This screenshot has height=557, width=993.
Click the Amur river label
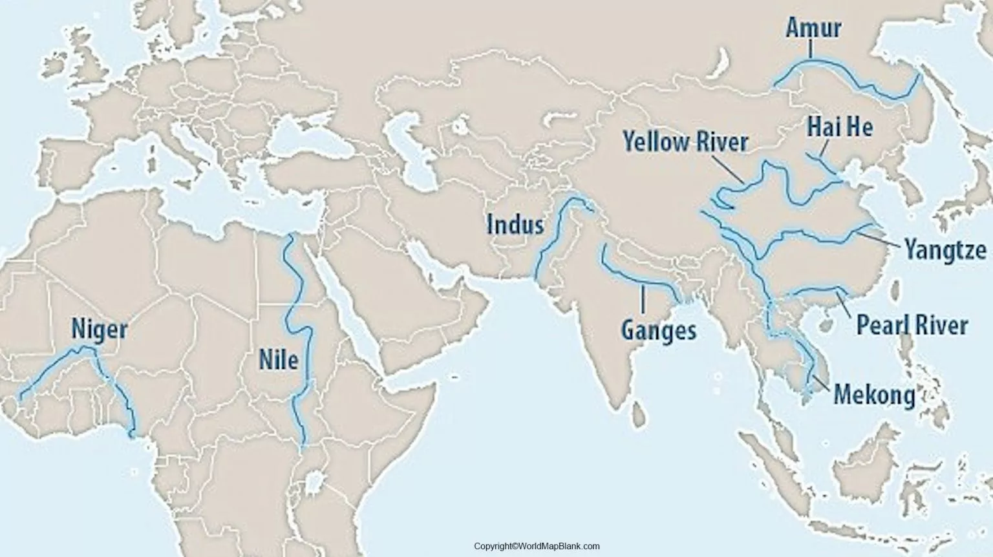pos(813,28)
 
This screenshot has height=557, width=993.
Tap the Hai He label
pos(840,127)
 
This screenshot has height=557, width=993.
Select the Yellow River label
pos(685,142)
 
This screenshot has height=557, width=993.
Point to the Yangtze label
pos(945,249)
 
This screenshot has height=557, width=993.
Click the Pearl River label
pos(912,325)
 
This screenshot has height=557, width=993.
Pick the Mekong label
pos(874,394)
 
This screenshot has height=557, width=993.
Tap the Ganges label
pos(659,330)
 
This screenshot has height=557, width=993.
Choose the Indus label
pos(515,225)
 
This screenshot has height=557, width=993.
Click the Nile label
pos(279,359)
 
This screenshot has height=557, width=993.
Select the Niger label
pos(99,329)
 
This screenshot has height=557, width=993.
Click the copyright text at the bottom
pos(537,547)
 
